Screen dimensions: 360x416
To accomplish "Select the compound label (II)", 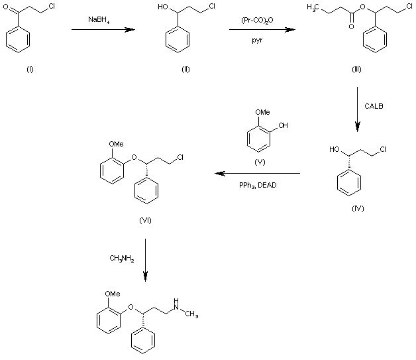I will pos(185,70).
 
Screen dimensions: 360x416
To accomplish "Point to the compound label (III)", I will pos(356,70).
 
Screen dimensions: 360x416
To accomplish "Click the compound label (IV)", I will pos(358,208).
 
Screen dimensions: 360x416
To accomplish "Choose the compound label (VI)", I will pos(146,221).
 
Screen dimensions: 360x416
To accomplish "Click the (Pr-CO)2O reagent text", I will pos(258,21).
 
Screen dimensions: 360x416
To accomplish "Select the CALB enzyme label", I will pos(374,105).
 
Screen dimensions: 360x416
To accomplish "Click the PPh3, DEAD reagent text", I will pos(258,185).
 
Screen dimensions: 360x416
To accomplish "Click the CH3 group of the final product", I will pos(193,314).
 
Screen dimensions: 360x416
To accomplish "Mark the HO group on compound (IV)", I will pos(335,149).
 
